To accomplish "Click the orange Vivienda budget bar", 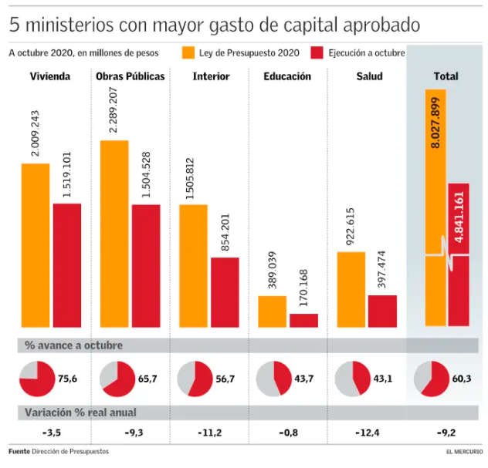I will tap(36, 245).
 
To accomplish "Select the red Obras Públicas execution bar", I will tap(146, 265).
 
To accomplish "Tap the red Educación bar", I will tap(303, 320).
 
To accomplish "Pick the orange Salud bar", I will tap(351, 289).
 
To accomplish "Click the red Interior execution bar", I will tap(225, 291).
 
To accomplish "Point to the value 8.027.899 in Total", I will tap(436, 123).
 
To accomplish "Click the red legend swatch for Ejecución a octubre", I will tap(317, 53).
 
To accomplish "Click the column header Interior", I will tap(208, 76).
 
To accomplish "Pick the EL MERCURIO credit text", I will tap(463, 451).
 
